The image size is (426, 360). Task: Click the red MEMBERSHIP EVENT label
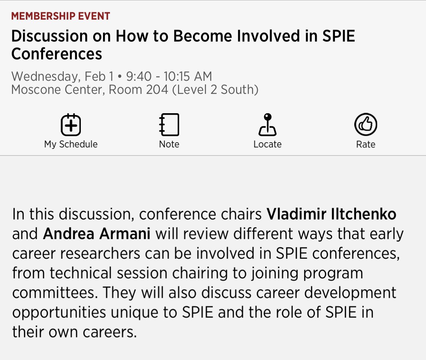60,16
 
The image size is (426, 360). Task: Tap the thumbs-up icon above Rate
366,124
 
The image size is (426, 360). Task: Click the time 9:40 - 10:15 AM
169,76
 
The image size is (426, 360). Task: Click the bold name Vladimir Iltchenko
331,214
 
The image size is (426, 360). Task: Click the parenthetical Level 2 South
215,90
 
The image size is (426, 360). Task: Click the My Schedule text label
71,144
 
